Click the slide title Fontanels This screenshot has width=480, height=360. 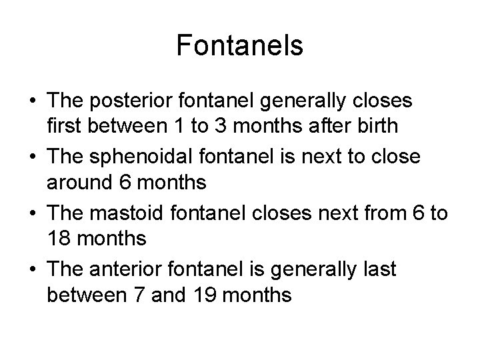(240, 46)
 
